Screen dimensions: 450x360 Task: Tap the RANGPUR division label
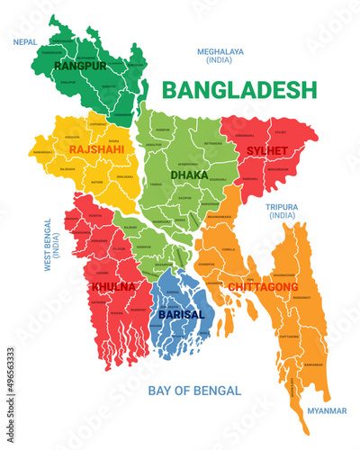[80, 66]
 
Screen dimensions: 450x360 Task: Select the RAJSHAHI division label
[96, 148]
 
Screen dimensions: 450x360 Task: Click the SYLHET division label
[267, 149]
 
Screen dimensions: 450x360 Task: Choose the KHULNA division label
[112, 286]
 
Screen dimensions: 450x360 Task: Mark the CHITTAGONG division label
[263, 286]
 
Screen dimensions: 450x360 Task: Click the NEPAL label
[25, 41]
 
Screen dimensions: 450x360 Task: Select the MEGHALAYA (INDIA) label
[220, 57]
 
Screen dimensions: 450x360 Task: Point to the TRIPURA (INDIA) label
[281, 211]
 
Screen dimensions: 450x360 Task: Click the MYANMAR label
[326, 410]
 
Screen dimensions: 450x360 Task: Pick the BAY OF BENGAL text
[193, 391]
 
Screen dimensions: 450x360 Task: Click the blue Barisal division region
[180, 297]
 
